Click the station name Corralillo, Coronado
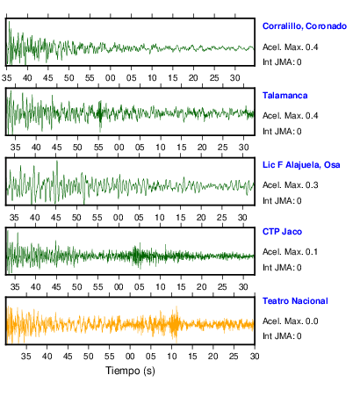coord(305,26)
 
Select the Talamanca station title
coord(284,96)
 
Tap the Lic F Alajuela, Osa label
coord(301,165)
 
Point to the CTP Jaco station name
coord(282,232)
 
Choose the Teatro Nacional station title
coord(295,301)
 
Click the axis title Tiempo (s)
coord(130,371)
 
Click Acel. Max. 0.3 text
coord(290,185)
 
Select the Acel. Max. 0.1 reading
coord(290,252)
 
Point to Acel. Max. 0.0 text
coord(290,321)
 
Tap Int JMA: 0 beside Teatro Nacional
coord(282,335)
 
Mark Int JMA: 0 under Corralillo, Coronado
coord(282,62)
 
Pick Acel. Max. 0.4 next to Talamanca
coord(290,116)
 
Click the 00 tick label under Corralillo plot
coord(111,78)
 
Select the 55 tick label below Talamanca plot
coord(98,147)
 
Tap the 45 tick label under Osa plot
coord(55,218)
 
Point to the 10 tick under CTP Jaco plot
coord(160,286)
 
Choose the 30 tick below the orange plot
coord(255,356)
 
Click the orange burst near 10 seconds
coord(175,324)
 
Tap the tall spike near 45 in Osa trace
coord(57,182)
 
